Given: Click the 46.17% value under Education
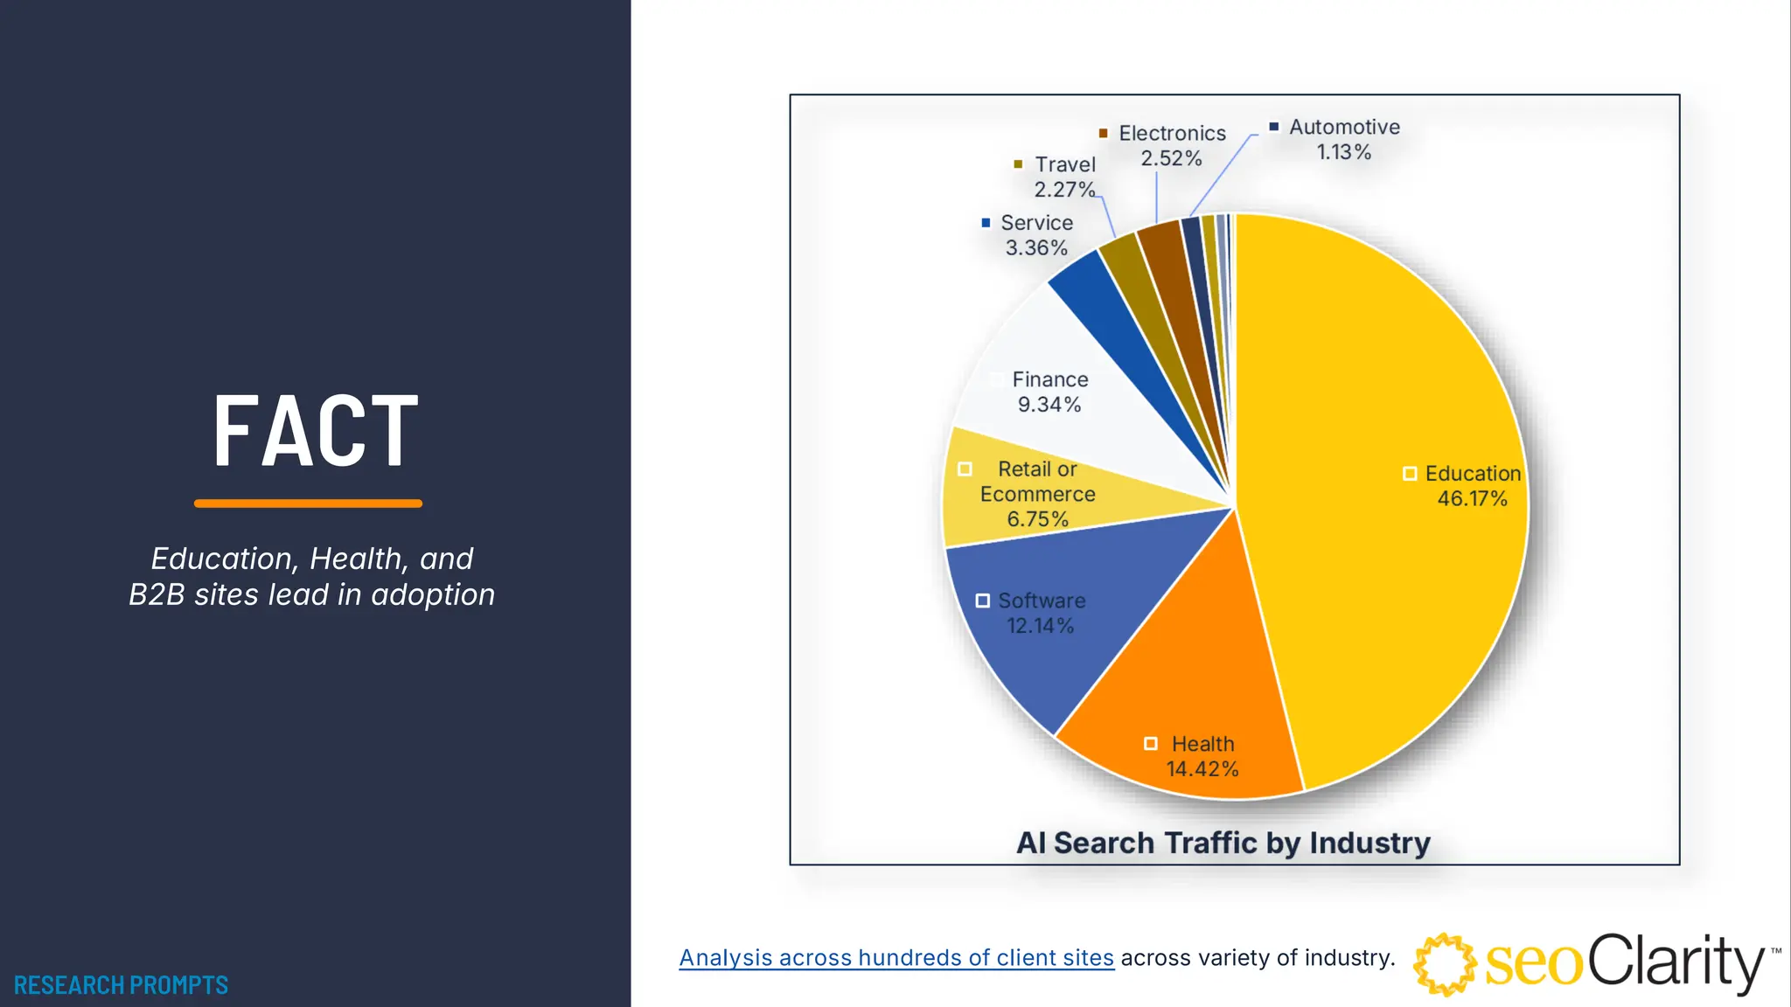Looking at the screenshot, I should pos(1473,499).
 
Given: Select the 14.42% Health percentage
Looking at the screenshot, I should pos(1202,769).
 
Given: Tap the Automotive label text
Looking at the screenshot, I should pos(1344,128).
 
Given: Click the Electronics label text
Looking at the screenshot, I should pos(1172,134).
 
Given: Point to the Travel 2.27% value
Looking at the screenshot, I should pos(1064,190).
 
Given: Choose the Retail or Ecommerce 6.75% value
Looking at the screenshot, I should pos(1038,519).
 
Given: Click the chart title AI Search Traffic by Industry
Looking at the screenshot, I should pos(1223,843).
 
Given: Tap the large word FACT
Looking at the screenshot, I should pos(316,431).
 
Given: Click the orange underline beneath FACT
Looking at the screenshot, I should pos(308,503).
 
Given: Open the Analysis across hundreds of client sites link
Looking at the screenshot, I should pos(896,958).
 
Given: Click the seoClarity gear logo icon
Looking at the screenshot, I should pos(1445,963).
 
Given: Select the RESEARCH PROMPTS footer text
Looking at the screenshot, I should pos(121,985).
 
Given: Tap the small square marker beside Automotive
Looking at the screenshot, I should pos(1274,127).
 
